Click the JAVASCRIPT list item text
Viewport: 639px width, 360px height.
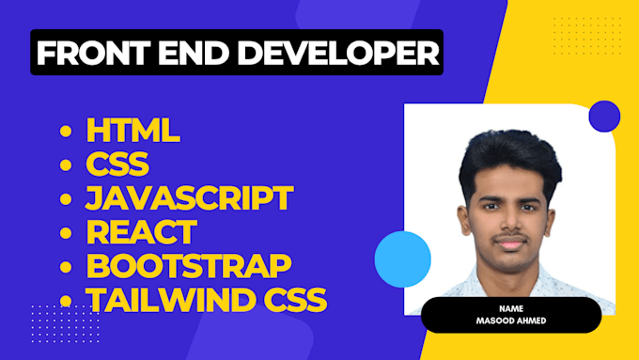click(x=189, y=198)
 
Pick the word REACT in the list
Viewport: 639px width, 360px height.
click(x=141, y=232)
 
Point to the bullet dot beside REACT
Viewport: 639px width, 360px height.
click(x=66, y=233)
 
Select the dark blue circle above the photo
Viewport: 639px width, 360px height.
click(x=603, y=117)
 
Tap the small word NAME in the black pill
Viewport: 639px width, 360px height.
click(x=510, y=306)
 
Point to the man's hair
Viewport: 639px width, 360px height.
click(x=507, y=150)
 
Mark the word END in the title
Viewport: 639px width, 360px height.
click(x=186, y=53)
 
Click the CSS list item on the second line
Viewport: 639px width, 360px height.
click(x=117, y=165)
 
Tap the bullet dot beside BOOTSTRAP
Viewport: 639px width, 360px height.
click(x=66, y=266)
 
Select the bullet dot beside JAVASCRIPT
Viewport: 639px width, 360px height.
click(x=66, y=199)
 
